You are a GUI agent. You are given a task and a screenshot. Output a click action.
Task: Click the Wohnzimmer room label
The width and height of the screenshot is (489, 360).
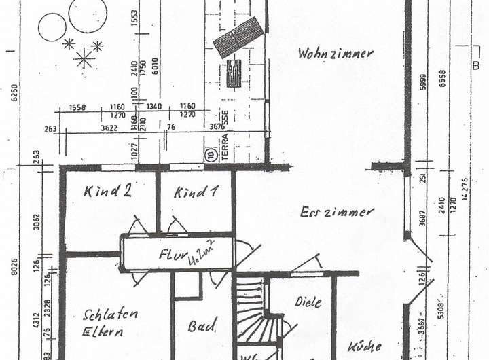click(335, 54)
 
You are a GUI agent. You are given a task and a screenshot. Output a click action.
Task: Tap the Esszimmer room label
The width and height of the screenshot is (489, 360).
click(337, 212)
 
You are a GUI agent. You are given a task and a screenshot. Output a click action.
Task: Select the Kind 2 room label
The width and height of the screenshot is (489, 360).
click(108, 192)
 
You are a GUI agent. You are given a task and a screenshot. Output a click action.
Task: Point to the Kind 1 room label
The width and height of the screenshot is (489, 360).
click(196, 192)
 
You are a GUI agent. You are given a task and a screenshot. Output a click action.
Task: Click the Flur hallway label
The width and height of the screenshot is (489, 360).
click(178, 255)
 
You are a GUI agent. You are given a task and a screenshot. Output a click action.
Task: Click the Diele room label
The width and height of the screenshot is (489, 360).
click(308, 302)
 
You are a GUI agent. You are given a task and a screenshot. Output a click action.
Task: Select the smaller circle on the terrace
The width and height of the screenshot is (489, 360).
click(52, 27)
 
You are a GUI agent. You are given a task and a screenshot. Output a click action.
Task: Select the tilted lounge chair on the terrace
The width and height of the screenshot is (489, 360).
click(238, 37)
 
